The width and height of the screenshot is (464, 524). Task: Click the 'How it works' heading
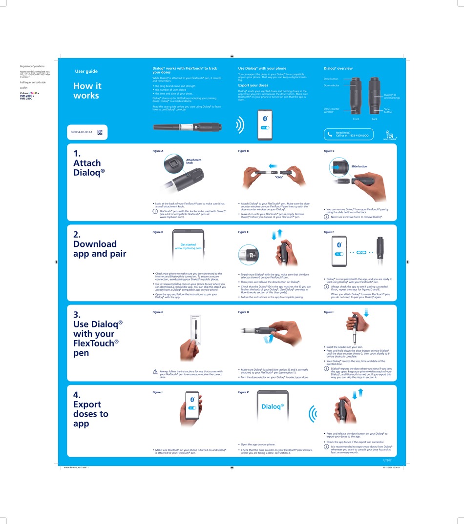86,91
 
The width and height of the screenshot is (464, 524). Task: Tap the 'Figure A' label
158,151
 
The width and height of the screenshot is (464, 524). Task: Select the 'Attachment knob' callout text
193,161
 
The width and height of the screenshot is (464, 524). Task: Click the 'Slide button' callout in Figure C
359,166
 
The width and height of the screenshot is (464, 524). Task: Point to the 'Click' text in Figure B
279,177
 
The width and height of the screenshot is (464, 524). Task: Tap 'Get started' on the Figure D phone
188,244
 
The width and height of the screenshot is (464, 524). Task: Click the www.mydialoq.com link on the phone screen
188,248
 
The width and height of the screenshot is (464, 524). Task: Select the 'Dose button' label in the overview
331,79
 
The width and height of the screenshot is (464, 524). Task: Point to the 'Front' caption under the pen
356,119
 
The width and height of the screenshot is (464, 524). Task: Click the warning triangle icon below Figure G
155,371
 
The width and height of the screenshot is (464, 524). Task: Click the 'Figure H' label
243,312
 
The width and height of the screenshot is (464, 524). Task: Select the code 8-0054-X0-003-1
81,132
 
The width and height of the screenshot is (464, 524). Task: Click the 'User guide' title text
86,71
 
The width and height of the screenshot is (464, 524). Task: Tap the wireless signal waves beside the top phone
240,125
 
